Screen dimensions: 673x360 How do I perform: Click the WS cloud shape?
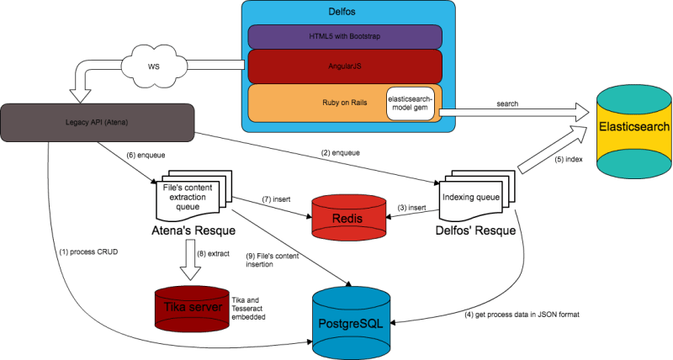click(154, 66)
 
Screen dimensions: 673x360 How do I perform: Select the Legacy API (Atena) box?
click(98, 123)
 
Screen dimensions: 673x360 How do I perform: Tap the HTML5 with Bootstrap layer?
click(345, 36)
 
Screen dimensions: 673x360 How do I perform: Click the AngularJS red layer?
click(345, 66)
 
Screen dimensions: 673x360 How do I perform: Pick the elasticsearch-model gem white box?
click(411, 103)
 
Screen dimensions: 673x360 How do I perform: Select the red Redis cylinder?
click(348, 217)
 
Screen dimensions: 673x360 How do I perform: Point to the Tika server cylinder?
click(193, 308)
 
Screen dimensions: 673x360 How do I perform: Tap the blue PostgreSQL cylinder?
click(351, 323)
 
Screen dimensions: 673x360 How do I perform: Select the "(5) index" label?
click(569, 159)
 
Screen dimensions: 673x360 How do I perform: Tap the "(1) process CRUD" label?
click(88, 251)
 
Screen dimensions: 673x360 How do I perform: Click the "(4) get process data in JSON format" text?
click(522, 315)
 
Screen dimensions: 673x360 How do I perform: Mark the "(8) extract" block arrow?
click(190, 260)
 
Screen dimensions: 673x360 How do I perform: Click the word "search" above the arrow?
click(507, 103)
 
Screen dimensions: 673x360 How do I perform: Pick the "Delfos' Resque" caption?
click(475, 230)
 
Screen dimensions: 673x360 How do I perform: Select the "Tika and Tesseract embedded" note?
click(248, 309)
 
